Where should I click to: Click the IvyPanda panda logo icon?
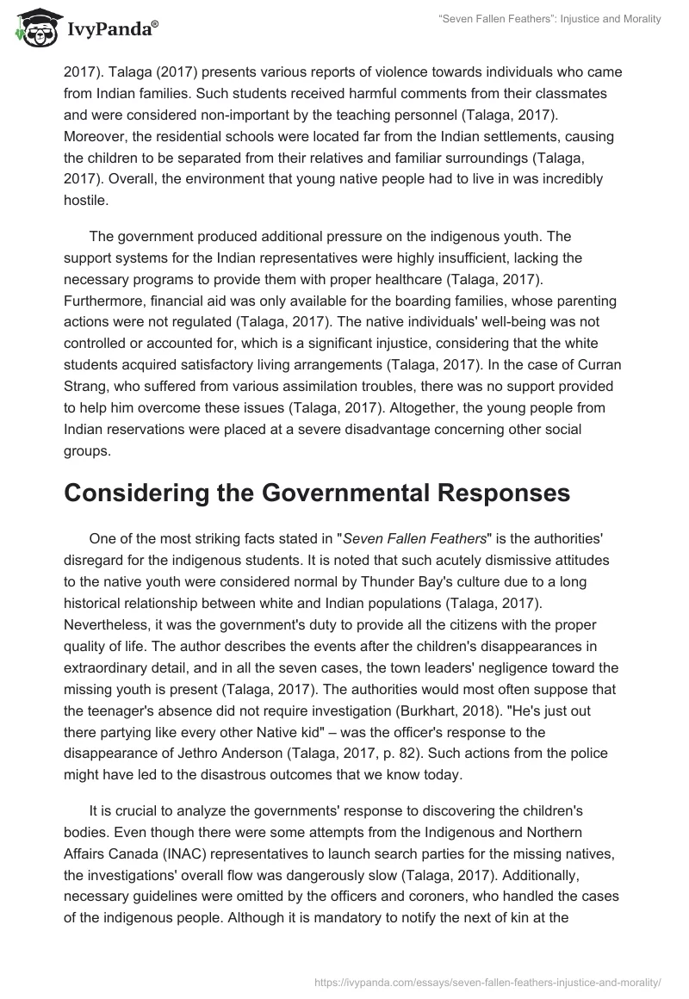35,29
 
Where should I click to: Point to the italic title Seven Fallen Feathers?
414,538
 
